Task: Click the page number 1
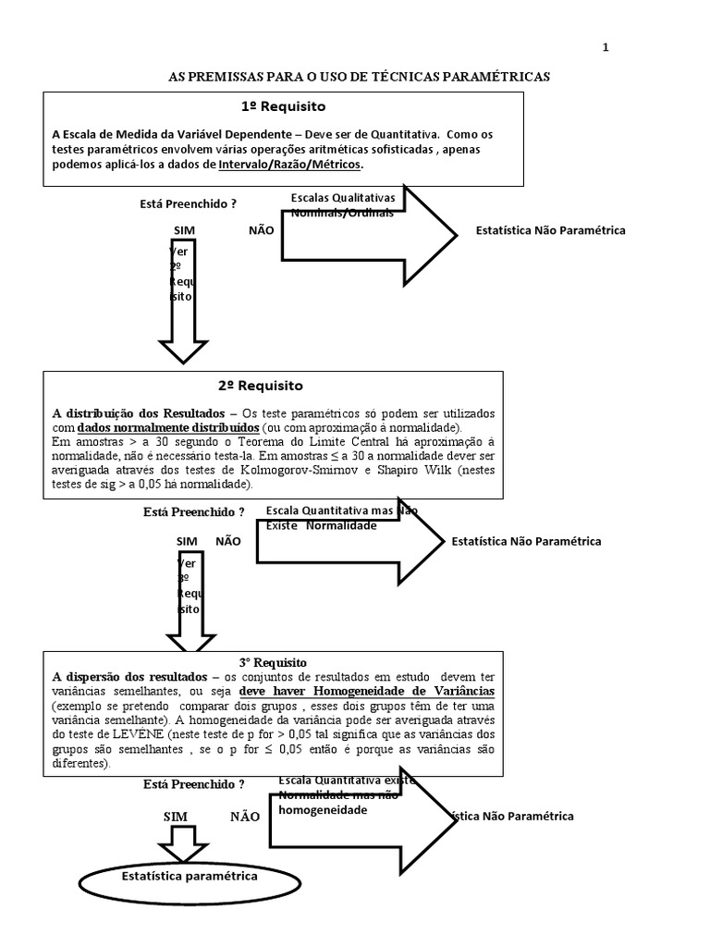click(x=605, y=48)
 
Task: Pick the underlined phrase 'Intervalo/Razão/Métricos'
click(x=291, y=165)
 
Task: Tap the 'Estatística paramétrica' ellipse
click(x=190, y=875)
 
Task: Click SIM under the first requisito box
click(x=185, y=230)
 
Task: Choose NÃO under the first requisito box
click(x=262, y=230)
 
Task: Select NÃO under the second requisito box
click(x=228, y=541)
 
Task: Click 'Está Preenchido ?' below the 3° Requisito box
click(x=194, y=784)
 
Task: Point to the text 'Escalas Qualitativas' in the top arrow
click(x=343, y=198)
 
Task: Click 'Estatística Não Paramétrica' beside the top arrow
click(x=550, y=230)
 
